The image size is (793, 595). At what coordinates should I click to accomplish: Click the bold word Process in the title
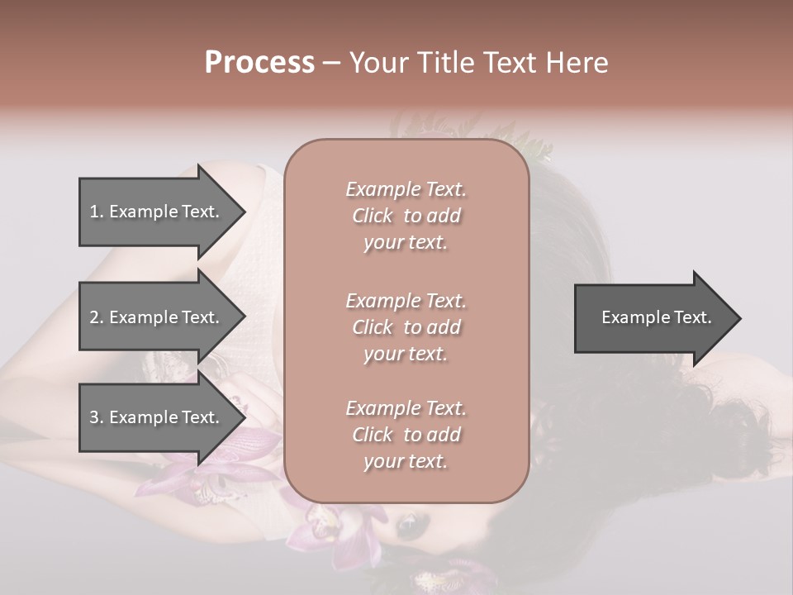(x=259, y=62)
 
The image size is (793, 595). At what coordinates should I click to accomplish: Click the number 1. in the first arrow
(x=97, y=212)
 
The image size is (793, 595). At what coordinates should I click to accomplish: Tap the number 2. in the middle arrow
(x=97, y=317)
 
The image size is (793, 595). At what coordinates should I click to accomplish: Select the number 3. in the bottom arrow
(x=97, y=417)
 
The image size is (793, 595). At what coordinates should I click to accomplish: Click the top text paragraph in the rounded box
(x=406, y=216)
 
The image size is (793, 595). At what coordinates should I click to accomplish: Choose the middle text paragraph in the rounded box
(x=406, y=326)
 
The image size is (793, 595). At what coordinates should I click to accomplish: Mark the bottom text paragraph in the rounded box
(x=406, y=435)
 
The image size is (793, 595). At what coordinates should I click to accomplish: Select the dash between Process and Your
(x=332, y=62)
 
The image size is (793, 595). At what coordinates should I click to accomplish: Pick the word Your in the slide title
(x=378, y=62)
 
